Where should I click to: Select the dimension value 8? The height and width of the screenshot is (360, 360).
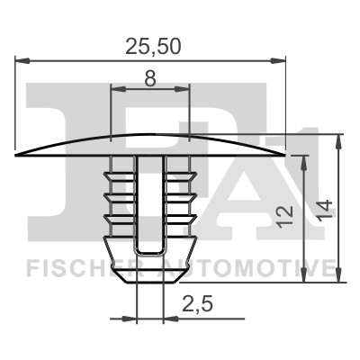(149, 78)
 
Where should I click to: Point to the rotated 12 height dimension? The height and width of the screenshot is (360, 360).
(285, 214)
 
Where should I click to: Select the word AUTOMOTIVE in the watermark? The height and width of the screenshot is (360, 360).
(247, 267)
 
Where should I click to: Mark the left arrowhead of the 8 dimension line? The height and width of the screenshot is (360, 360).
(113, 89)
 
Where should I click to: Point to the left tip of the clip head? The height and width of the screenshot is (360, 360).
(18, 155)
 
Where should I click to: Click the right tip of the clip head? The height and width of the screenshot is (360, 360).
(284, 155)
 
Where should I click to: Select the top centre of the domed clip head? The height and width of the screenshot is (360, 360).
(150, 135)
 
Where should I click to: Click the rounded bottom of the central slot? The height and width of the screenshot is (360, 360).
(150, 251)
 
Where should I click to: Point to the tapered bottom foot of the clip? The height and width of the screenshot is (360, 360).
(150, 270)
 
